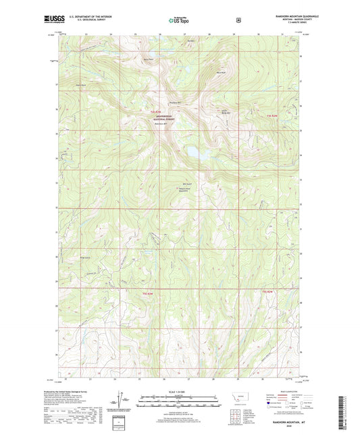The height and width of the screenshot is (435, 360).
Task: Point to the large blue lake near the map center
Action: (x=195, y=154)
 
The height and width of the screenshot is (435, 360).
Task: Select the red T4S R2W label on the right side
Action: (x=272, y=118)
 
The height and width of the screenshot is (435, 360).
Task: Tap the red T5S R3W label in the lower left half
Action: (x=149, y=292)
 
